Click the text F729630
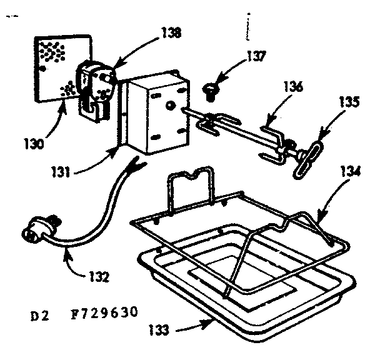tap(104, 311)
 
